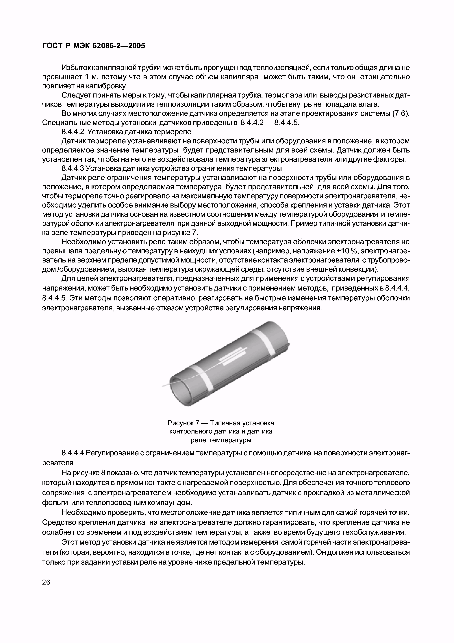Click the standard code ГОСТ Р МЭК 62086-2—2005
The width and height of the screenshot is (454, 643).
pos(94,46)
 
